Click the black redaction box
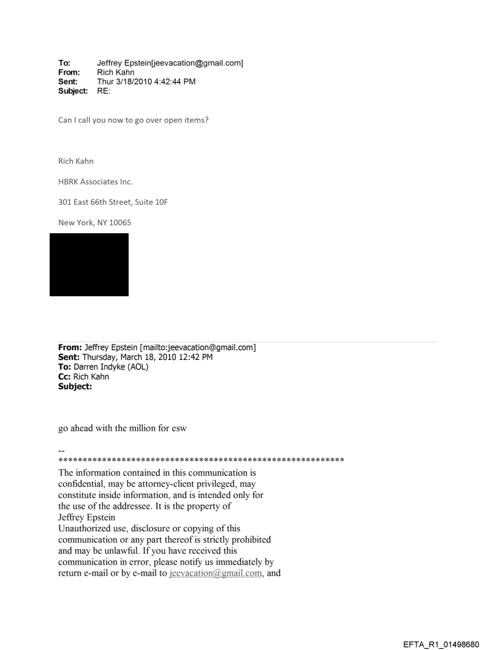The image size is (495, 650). pyautogui.click(x=89, y=265)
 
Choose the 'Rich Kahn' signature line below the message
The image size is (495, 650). pyautogui.click(x=76, y=161)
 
